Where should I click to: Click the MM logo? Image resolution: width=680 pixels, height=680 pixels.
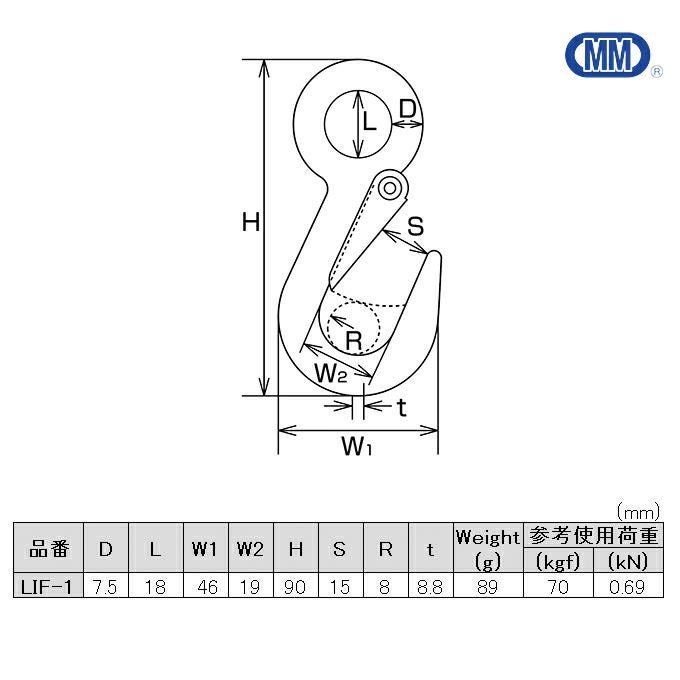(x=607, y=55)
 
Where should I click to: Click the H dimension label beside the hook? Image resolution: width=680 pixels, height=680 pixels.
(x=251, y=222)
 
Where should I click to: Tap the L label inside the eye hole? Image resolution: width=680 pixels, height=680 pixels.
(x=369, y=121)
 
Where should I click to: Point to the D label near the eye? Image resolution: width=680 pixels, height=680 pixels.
(x=407, y=109)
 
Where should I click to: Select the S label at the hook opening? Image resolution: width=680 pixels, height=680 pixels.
(x=415, y=226)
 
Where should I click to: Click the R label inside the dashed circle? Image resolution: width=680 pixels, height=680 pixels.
(x=354, y=340)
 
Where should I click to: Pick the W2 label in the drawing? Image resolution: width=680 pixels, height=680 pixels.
(x=330, y=373)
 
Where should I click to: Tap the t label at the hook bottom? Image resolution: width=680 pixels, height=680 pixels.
(x=402, y=407)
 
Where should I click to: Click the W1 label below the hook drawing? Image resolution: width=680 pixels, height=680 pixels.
(x=356, y=446)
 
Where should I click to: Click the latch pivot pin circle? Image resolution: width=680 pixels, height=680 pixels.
(x=389, y=188)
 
